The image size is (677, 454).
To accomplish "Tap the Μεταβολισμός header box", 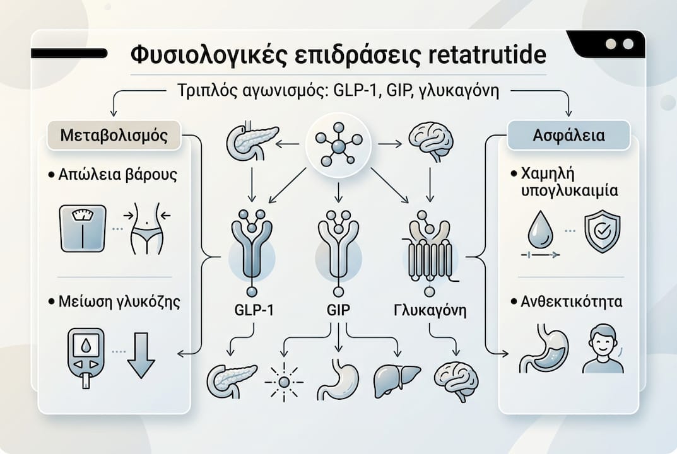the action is pyautogui.click(x=114, y=136).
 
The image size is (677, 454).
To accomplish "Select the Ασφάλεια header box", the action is pyautogui.click(x=568, y=136).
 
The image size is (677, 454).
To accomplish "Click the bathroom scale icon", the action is pyautogui.click(x=83, y=228).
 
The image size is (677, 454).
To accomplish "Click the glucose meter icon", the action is pyautogui.click(x=86, y=358).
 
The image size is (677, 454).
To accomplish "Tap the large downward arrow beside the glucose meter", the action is pyautogui.click(x=141, y=355).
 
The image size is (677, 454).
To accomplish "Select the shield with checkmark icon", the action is pyautogui.click(x=603, y=233).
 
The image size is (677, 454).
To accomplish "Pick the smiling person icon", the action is pyautogui.click(x=603, y=349).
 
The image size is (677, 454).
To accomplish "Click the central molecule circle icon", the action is pyautogui.click(x=338, y=146).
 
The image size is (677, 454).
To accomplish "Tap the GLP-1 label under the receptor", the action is pyautogui.click(x=254, y=310).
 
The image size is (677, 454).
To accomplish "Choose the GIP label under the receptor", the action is pyautogui.click(x=338, y=310).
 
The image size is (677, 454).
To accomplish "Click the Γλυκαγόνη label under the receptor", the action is pyautogui.click(x=430, y=310).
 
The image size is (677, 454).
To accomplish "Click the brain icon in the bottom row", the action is pyautogui.click(x=456, y=381).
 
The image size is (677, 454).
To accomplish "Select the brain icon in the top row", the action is pyautogui.click(x=431, y=141).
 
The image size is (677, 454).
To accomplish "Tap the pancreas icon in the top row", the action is pyautogui.click(x=252, y=141).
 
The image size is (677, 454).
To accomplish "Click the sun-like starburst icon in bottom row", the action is pyautogui.click(x=284, y=382).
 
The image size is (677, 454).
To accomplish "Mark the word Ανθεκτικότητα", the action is pyautogui.click(x=572, y=301).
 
